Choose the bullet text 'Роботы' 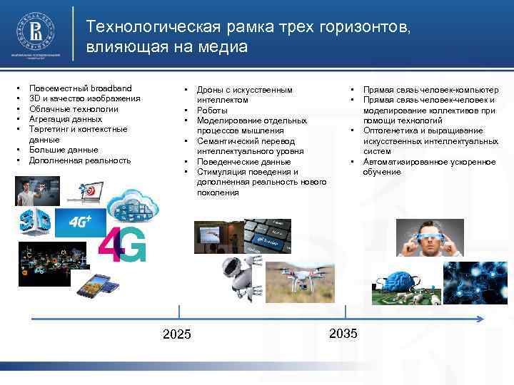pos(212,111)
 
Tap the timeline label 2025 pos(177,333)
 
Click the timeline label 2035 pos(344,333)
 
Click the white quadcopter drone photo pos(298,277)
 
